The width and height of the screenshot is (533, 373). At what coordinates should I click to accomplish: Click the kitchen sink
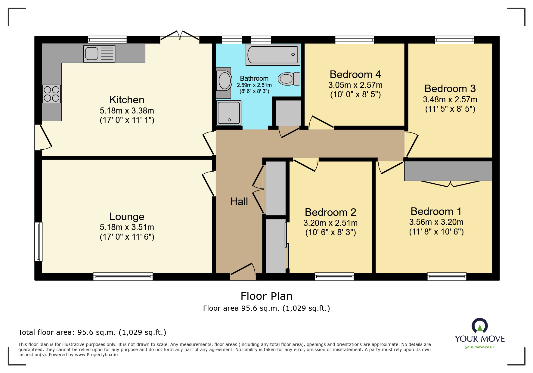99,54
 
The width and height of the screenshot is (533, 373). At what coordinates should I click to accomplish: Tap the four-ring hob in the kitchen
51,94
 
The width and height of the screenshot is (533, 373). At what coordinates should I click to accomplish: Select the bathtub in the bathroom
273,54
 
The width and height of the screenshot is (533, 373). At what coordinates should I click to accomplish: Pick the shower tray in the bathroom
229,113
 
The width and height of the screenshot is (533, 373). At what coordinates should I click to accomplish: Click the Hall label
239,201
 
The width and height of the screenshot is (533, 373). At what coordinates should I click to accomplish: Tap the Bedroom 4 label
355,74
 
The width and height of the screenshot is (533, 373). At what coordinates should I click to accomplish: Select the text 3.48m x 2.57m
450,99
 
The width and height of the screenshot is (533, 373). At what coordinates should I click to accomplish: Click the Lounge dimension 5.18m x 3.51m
127,227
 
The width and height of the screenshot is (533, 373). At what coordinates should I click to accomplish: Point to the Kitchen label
127,100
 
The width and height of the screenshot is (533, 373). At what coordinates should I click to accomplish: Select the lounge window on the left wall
38,242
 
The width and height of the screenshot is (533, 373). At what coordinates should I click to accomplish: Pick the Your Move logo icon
480,326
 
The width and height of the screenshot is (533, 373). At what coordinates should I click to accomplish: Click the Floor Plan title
266,296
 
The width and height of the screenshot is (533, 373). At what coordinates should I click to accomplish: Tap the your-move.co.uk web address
480,347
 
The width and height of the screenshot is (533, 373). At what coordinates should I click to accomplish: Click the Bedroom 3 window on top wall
454,40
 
